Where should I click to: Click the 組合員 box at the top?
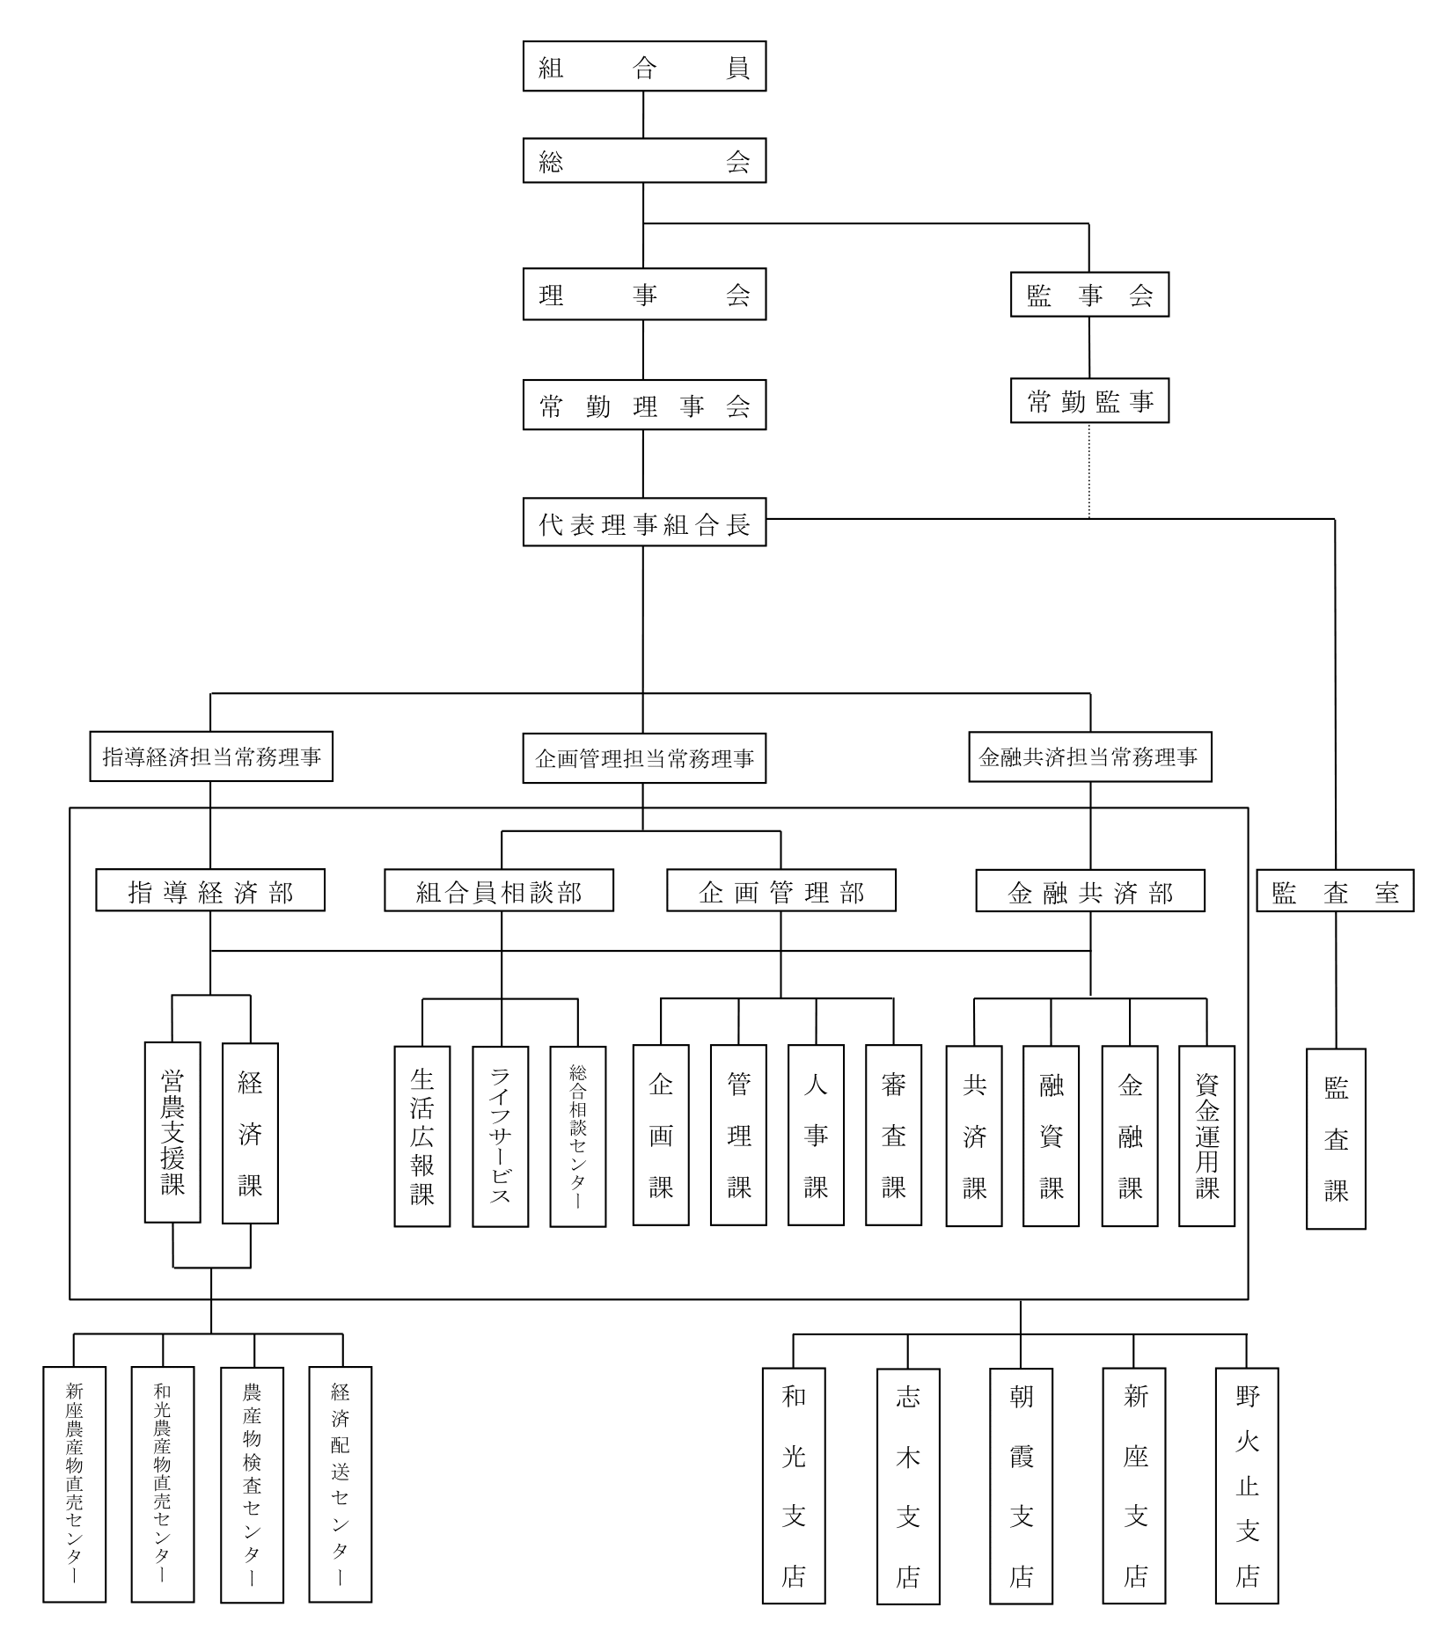(x=644, y=66)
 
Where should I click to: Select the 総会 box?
(x=644, y=160)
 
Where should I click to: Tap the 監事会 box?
(x=1089, y=295)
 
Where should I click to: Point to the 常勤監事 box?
(x=1089, y=401)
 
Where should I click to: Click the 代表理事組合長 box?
(x=644, y=522)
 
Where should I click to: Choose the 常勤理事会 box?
(x=644, y=405)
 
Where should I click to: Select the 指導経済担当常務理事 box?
(x=211, y=756)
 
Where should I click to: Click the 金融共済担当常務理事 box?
(x=1089, y=756)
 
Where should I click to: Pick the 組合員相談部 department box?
(x=499, y=890)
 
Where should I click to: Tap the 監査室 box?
(x=1335, y=891)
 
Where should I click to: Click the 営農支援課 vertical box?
(x=172, y=1132)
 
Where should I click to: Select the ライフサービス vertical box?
(x=501, y=1136)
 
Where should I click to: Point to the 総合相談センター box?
(x=578, y=1136)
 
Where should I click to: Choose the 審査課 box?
(x=893, y=1135)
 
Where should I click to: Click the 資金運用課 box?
(x=1206, y=1136)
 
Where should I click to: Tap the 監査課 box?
(x=1336, y=1138)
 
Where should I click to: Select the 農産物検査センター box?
(x=252, y=1484)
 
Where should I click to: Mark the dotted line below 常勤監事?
(x=1089, y=471)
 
